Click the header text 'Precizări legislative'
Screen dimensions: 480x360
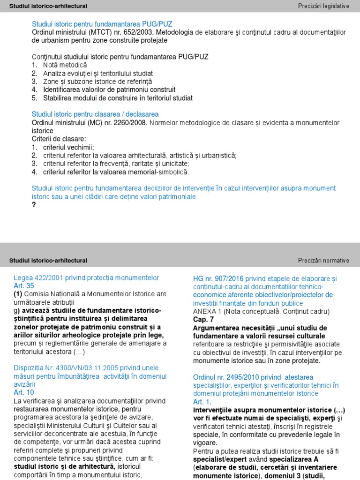pos(323,6)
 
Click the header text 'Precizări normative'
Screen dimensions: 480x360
pos(323,261)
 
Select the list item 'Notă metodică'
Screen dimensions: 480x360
pos(65,65)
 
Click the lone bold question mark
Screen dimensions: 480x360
pos(34,205)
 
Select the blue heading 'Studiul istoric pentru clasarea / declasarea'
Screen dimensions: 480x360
pos(95,114)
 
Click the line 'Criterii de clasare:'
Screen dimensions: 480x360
pos(59,139)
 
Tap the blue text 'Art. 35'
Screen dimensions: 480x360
pos(24,285)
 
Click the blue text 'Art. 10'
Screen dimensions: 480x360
pos(24,392)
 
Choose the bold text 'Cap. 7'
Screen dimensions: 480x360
pos(203,319)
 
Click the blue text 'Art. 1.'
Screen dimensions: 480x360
pos(202,402)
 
